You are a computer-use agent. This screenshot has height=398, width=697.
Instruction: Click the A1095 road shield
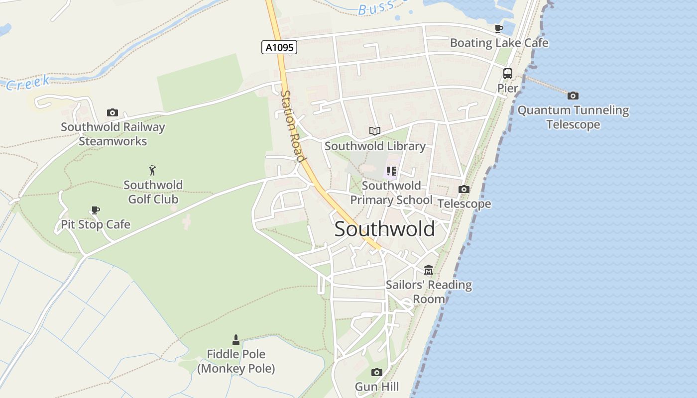[279, 47]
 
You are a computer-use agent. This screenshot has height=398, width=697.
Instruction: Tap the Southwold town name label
[384, 229]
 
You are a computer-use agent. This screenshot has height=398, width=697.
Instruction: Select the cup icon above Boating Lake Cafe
[498, 28]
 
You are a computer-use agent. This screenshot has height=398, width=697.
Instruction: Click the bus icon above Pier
[507, 74]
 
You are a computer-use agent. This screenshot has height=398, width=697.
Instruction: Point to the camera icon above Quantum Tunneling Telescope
[573, 96]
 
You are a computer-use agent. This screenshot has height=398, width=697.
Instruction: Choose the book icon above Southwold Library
[375, 131]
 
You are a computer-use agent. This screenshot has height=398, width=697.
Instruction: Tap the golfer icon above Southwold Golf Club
[152, 170]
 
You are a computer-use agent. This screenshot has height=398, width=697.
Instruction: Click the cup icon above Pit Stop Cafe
[95, 210]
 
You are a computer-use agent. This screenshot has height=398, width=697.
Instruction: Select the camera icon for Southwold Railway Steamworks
[113, 113]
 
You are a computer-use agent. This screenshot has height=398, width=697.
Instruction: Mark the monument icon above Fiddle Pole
[236, 340]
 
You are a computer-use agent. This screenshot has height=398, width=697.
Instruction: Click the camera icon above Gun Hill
[377, 372]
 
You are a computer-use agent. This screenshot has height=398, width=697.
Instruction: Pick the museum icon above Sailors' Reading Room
[428, 270]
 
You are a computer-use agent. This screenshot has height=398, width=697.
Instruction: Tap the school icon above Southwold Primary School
[391, 172]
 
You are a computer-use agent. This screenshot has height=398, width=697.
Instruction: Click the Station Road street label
[292, 126]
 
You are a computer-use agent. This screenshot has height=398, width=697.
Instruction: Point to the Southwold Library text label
[375, 146]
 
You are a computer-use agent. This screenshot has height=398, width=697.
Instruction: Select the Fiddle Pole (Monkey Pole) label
[236, 362]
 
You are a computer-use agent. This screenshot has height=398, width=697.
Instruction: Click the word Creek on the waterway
[28, 83]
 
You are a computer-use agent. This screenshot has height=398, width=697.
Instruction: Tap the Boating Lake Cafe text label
[499, 43]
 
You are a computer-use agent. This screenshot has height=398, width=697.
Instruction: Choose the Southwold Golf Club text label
[153, 192]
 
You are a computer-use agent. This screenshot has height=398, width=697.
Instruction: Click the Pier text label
[508, 88]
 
